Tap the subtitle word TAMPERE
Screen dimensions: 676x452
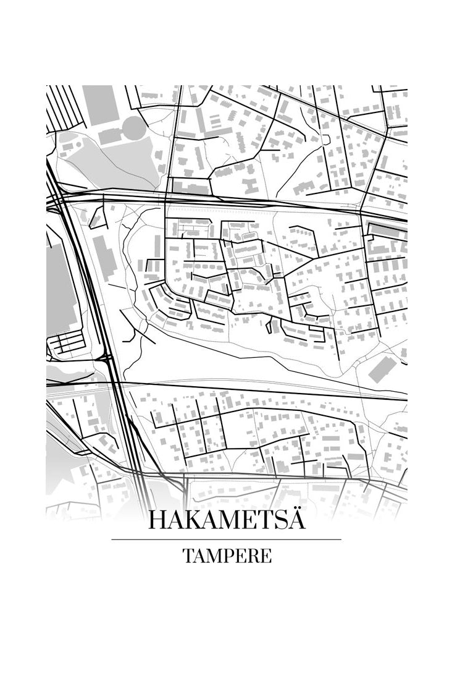227,556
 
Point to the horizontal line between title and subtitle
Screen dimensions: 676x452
226,539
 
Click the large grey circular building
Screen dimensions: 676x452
133,127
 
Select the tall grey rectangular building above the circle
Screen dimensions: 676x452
101,105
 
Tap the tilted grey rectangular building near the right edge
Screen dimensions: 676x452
383,368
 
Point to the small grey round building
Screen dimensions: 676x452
325,140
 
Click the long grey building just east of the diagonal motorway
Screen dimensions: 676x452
104,256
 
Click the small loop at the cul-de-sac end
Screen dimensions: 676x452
325,140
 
